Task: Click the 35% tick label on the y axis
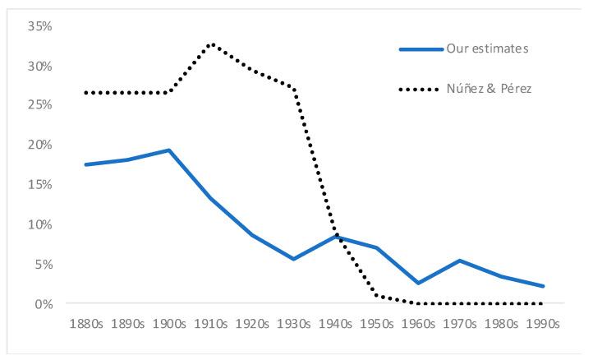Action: (39, 26)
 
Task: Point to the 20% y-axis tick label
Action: (39, 145)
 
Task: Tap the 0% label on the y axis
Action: (43, 304)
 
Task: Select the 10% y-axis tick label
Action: (39, 224)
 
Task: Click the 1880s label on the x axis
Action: (85, 323)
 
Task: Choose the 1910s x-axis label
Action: (211, 323)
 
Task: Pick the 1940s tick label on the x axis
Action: (336, 323)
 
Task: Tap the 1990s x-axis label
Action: (544, 323)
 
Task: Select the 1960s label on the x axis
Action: (419, 323)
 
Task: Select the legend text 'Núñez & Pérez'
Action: (490, 89)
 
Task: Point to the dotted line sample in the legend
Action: (422, 89)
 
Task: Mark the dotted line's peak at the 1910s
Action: (211, 44)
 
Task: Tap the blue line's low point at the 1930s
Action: (294, 259)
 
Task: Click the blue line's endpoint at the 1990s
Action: (544, 286)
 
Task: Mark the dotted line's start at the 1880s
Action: (85, 93)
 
